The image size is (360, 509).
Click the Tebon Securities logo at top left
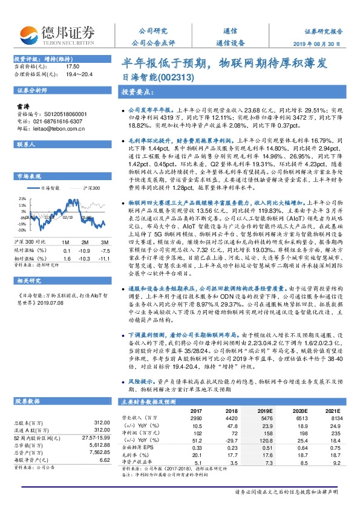pos(66,34)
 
